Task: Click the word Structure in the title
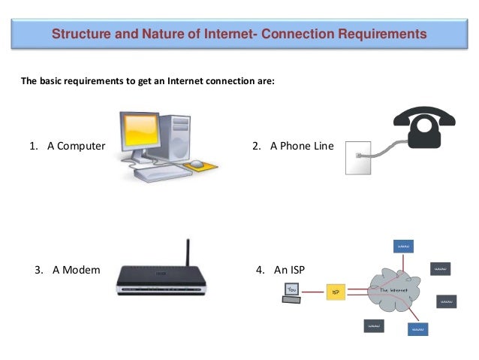point(80,35)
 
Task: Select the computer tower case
point(180,135)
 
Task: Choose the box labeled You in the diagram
point(293,287)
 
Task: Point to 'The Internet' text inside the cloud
point(388,288)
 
